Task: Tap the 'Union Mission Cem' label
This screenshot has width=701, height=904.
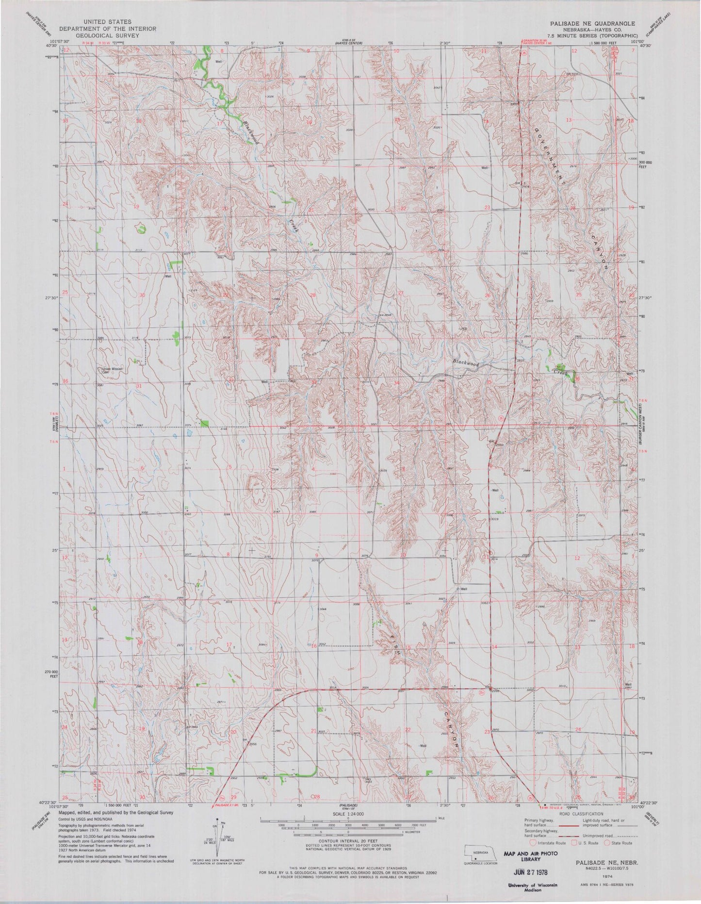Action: click(x=113, y=370)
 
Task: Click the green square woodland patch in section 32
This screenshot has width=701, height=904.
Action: click(x=204, y=424)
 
